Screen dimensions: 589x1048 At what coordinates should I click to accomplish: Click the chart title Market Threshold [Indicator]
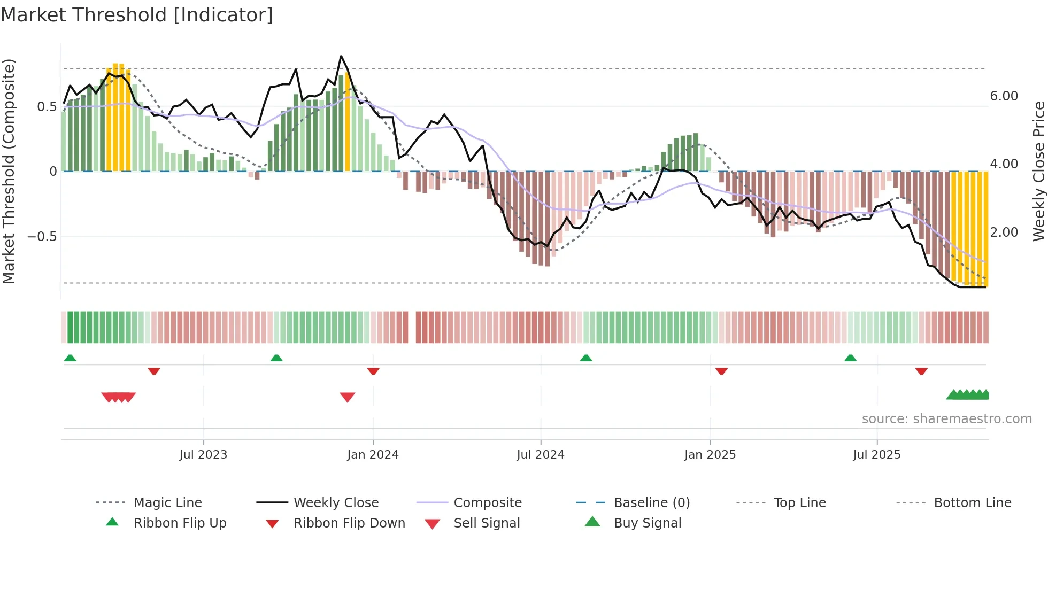[x=137, y=15]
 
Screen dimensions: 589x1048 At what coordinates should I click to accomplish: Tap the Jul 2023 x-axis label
[x=203, y=455]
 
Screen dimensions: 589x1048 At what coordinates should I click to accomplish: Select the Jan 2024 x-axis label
[x=373, y=455]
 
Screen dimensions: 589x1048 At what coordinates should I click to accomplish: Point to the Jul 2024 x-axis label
[x=541, y=455]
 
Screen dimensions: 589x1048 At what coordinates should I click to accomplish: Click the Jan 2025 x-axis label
[x=710, y=455]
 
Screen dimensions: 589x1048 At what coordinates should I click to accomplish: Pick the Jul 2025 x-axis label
[x=877, y=455]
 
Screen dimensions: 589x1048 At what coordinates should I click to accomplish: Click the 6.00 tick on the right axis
[x=1004, y=96]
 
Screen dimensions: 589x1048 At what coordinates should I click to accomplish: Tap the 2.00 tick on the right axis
[x=1004, y=232]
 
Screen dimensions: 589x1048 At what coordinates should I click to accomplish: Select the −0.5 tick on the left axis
[x=42, y=236]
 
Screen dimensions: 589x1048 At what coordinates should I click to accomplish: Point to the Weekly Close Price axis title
[x=1038, y=171]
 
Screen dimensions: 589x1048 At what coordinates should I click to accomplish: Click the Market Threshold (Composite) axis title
[x=9, y=171]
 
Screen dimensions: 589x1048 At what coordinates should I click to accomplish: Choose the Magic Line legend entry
[x=167, y=503]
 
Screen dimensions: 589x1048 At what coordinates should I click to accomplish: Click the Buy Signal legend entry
[x=647, y=523]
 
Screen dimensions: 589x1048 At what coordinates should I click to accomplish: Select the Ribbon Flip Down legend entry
[x=349, y=523]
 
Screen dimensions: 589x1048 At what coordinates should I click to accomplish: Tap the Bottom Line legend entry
[x=972, y=503]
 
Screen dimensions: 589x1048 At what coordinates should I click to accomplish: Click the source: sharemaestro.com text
[x=946, y=419]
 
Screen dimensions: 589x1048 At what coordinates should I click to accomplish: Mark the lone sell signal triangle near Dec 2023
[x=348, y=397]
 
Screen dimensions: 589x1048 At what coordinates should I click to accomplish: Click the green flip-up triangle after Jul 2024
[x=586, y=358]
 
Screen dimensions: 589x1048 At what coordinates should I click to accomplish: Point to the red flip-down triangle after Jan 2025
[x=721, y=371]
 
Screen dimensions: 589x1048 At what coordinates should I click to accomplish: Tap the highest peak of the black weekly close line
[x=341, y=56]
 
